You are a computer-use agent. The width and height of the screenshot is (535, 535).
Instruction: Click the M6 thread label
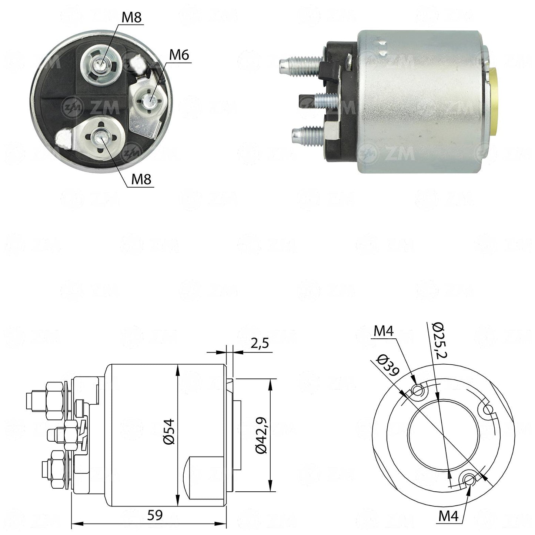click(179, 55)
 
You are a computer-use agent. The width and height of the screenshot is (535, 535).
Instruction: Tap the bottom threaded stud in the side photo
click(308, 134)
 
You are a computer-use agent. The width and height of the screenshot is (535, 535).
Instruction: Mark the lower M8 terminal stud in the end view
click(100, 136)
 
